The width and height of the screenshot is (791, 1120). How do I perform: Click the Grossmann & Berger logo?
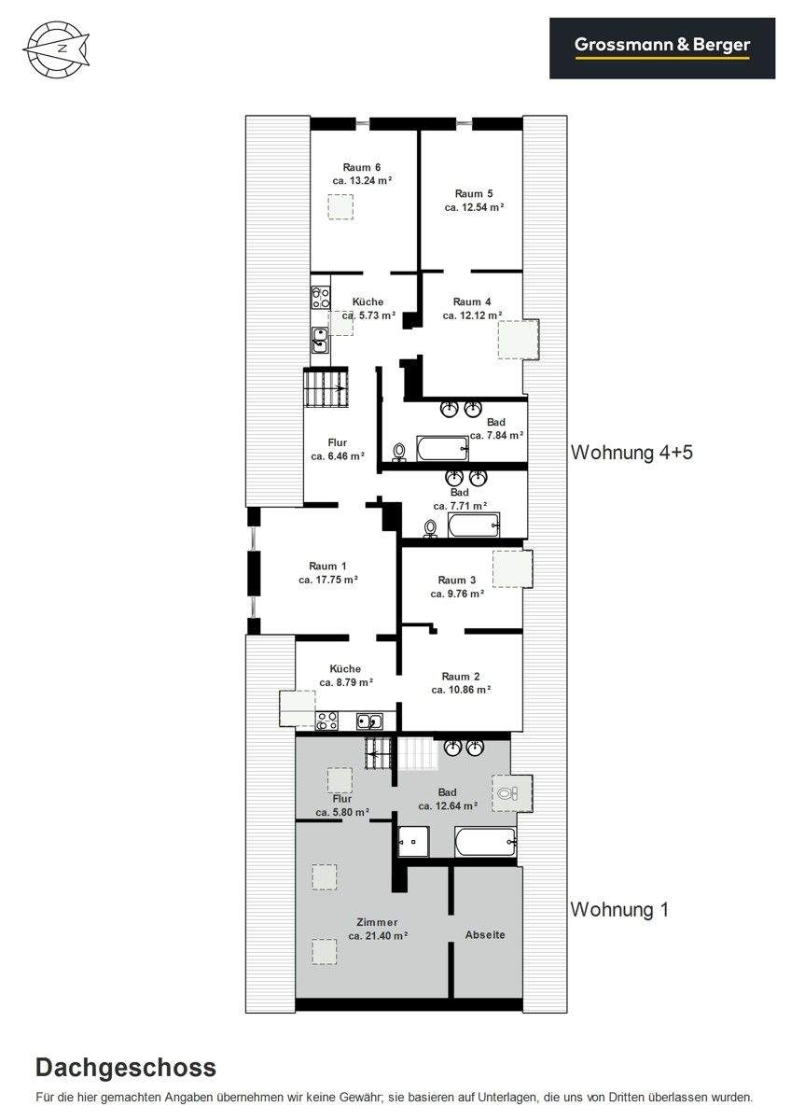(x=662, y=48)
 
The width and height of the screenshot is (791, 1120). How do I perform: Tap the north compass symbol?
(x=57, y=49)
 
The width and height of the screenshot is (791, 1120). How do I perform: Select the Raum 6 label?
(x=362, y=167)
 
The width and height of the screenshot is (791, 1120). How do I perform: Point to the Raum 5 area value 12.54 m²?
(x=474, y=207)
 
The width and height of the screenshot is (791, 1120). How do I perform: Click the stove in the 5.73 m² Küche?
(x=321, y=297)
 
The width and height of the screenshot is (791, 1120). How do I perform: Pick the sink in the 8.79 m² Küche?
(x=369, y=721)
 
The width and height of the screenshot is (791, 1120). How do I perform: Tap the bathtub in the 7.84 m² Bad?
(x=443, y=447)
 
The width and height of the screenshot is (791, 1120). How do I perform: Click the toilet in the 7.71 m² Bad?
(x=430, y=528)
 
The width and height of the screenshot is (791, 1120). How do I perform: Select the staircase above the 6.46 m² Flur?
(x=326, y=387)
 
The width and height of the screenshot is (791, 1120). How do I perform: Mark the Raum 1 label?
(x=327, y=566)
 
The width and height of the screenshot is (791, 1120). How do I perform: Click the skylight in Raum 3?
(x=513, y=568)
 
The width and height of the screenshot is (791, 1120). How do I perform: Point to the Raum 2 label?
(x=461, y=677)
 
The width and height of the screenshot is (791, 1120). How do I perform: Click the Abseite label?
(x=485, y=934)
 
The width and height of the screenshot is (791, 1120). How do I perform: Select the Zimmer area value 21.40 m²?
(x=379, y=935)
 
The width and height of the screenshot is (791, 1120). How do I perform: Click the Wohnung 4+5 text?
(x=632, y=453)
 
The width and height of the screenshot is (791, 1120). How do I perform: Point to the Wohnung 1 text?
(x=619, y=909)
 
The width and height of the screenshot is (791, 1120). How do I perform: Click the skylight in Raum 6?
(x=340, y=206)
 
